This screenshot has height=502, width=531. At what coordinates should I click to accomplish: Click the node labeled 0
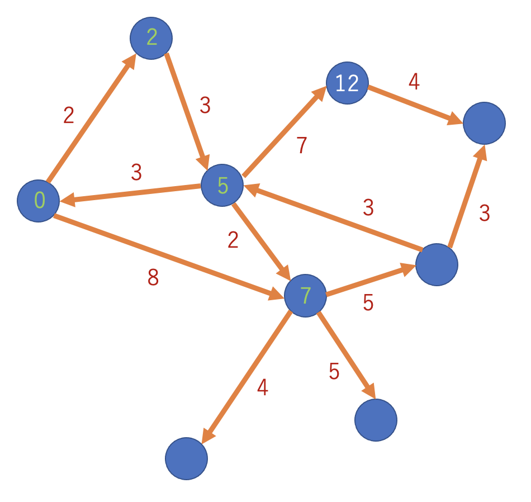coord(38,201)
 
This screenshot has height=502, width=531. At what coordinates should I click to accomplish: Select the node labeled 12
coord(347,83)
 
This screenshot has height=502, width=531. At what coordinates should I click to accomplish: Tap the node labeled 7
coord(305,296)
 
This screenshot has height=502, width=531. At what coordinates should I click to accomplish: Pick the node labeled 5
coord(222,185)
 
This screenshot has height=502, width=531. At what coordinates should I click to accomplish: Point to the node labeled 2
coord(151,38)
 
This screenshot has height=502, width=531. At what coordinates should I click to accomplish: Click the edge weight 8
coord(153,277)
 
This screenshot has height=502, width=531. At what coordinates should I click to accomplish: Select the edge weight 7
coord(301,145)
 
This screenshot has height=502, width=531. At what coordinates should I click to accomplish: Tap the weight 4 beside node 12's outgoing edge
coord(414,81)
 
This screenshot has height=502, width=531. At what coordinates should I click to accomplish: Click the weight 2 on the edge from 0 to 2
coord(69,115)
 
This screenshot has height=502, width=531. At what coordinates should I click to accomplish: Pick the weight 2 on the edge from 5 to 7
coord(233,240)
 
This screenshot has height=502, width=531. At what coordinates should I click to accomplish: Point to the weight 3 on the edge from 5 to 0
coord(136,172)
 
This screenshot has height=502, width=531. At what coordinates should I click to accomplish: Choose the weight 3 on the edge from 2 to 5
coord(205,105)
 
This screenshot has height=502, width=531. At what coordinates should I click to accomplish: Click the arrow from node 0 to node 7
coord(169,257)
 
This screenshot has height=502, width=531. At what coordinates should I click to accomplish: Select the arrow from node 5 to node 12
coord(285,131)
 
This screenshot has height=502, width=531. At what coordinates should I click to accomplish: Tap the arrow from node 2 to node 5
coord(188,112)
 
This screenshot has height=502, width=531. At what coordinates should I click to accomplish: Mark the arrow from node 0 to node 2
coord(92,117)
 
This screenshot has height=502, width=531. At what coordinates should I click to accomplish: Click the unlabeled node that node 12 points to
coord(484,124)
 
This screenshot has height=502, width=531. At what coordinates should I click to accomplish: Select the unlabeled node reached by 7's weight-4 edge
coord(186,458)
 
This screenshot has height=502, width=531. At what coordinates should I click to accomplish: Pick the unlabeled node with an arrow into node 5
coord(437,264)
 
